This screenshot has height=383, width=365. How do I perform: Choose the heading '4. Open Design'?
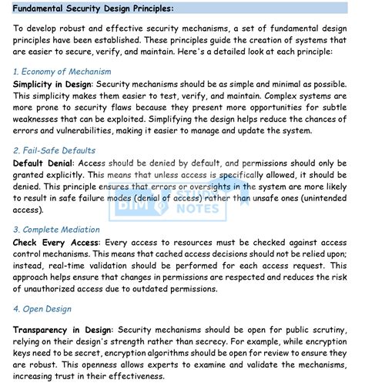pyautogui.click(x=44, y=308)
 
